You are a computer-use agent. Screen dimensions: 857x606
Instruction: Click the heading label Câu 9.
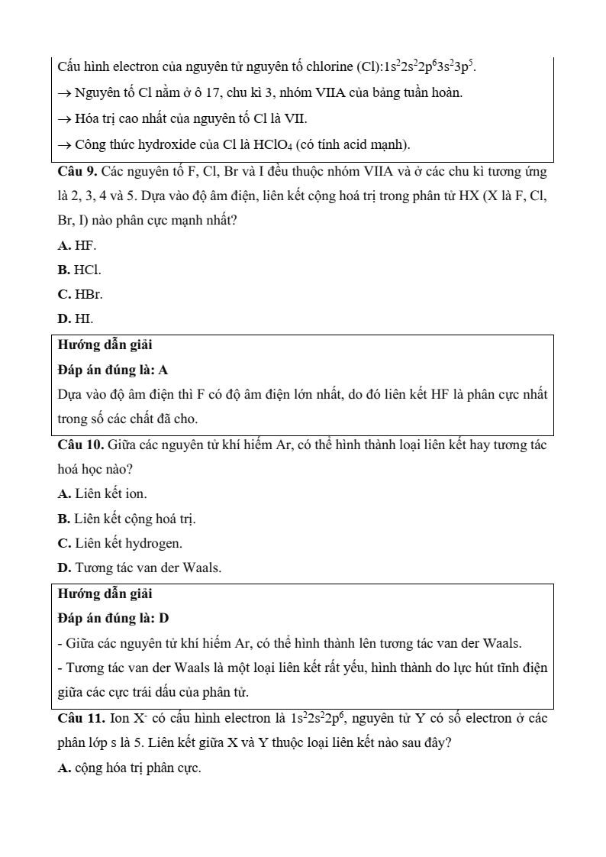[79, 171]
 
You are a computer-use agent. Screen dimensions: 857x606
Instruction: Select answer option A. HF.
[77, 245]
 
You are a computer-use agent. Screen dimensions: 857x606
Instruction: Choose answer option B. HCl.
[79, 270]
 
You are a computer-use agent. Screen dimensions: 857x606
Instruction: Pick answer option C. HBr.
[80, 293]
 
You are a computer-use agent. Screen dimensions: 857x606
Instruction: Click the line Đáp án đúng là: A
[113, 370]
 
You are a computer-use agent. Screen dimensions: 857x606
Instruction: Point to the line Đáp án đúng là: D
[113, 617]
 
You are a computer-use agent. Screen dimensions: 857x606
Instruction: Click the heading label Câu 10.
[82, 445]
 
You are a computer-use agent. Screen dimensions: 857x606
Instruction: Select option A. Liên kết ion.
[102, 494]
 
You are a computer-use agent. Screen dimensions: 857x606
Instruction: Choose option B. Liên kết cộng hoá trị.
[127, 519]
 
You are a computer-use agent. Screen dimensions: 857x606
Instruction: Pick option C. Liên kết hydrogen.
[120, 543]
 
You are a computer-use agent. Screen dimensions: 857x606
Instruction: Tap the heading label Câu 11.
[82, 719]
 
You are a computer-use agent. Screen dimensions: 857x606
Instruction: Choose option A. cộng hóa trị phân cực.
[129, 768]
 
